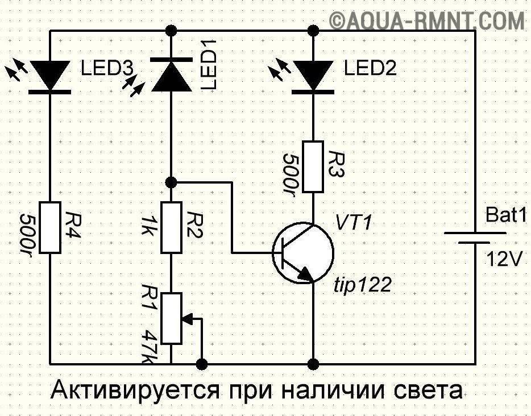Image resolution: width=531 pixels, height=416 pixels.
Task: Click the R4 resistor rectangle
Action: pyautogui.click(x=51, y=227)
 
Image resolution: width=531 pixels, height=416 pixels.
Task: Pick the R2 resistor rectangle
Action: pyautogui.click(x=171, y=227)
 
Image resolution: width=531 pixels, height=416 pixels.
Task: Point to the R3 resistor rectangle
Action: pyautogui.click(x=313, y=166)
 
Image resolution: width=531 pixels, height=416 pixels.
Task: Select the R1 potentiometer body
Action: pyautogui.click(x=171, y=318)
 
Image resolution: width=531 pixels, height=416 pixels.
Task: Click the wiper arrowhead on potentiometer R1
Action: pyautogui.click(x=186, y=318)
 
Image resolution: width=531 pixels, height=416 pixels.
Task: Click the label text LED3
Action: pyautogui.click(x=106, y=69)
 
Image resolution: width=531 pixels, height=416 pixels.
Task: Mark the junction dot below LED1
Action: pyautogui.click(x=171, y=182)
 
